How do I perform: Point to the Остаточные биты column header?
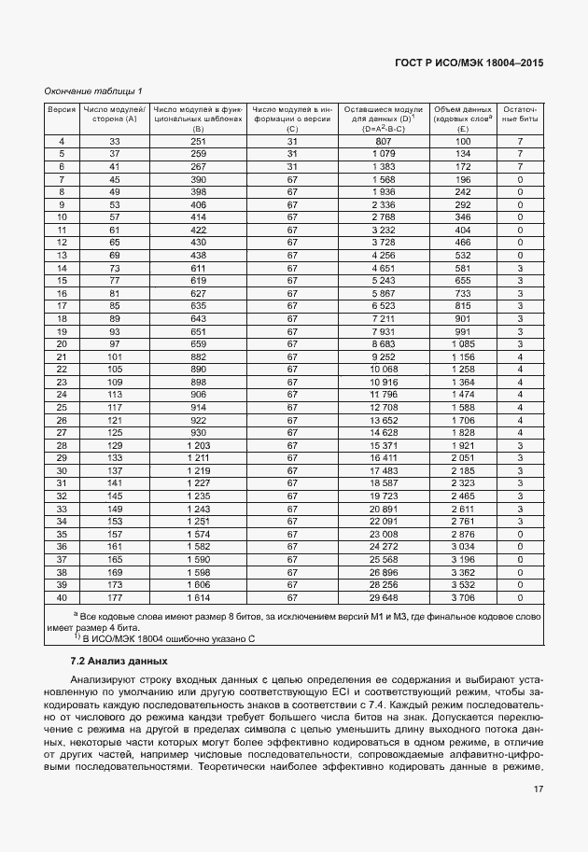(519, 115)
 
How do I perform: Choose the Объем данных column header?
(463, 115)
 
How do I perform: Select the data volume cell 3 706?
(463, 597)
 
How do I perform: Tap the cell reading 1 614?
(198, 597)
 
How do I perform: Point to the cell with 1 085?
(463, 343)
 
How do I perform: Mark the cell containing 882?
(198, 356)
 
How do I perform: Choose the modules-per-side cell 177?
(115, 597)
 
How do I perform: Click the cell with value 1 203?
(198, 445)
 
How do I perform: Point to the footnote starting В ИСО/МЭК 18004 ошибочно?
(168, 638)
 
